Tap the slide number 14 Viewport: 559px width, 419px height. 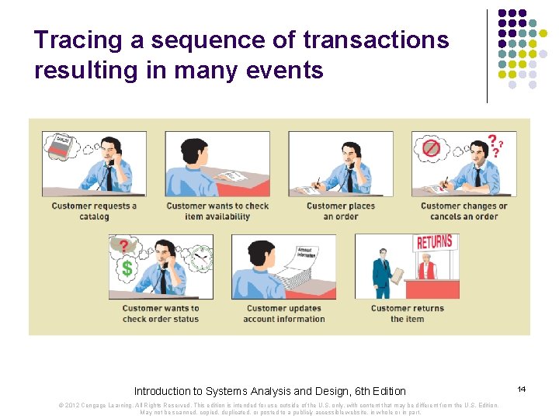click(522, 387)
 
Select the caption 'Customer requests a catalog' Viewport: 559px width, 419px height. click(94, 211)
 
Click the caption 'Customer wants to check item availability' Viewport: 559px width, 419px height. click(217, 211)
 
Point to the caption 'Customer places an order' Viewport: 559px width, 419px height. click(341, 211)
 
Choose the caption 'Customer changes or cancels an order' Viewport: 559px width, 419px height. click(464, 211)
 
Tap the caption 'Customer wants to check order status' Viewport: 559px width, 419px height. click(161, 313)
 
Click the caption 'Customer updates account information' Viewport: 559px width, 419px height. click(283, 313)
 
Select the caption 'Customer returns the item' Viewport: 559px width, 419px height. click(407, 313)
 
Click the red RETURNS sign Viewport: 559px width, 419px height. click(434, 241)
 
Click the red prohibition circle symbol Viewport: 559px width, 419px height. click(431, 147)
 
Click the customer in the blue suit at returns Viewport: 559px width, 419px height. click(381, 272)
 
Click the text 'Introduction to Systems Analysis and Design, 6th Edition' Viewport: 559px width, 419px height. click(269, 391)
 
